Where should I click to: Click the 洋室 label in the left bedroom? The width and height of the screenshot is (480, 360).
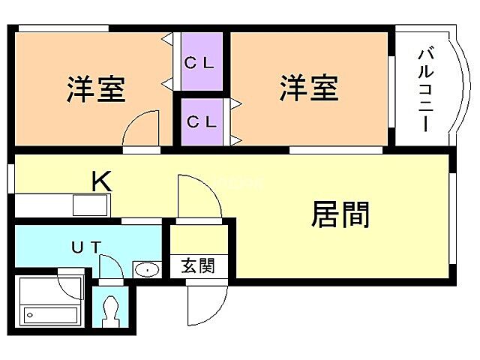pyautogui.click(x=95, y=89)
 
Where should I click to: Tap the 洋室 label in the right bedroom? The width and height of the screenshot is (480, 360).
pyautogui.click(x=309, y=88)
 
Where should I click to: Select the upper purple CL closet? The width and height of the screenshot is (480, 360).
pyautogui.click(x=200, y=63)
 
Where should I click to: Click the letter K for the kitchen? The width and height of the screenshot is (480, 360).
pyautogui.click(x=102, y=181)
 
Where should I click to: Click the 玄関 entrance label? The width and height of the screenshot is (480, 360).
pyautogui.click(x=197, y=265)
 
